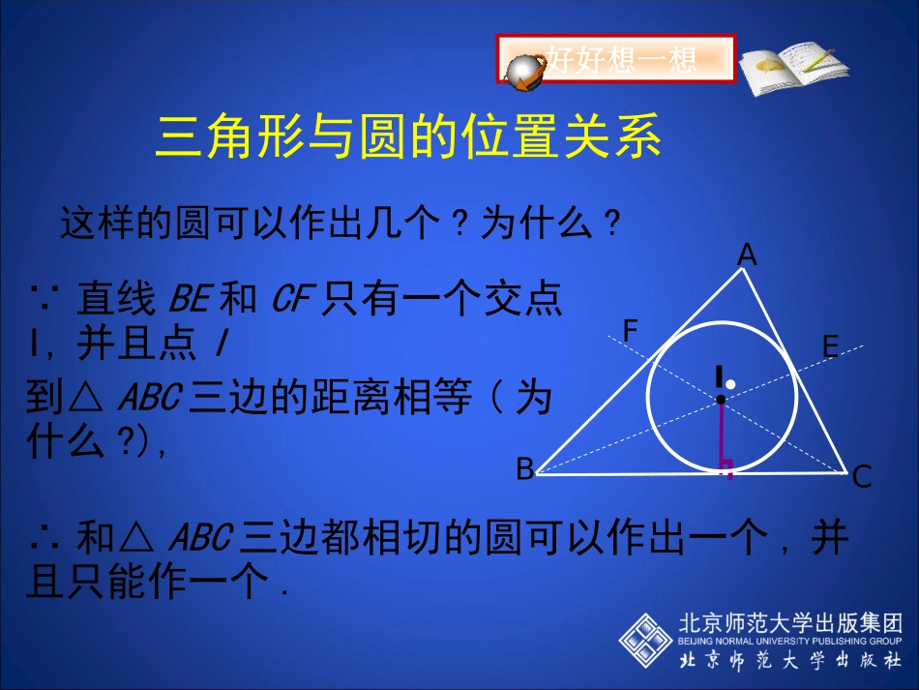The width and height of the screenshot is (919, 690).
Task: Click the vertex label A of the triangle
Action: click(747, 255)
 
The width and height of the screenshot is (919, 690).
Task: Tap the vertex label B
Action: click(524, 470)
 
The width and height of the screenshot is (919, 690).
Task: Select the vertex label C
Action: click(862, 475)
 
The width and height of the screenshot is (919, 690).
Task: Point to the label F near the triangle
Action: click(631, 332)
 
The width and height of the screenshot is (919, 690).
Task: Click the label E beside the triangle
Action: click(830, 346)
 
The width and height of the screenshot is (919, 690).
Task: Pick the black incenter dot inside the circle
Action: click(721, 399)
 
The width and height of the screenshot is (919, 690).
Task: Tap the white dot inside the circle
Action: click(731, 385)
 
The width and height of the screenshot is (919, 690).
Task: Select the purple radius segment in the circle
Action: click(721, 435)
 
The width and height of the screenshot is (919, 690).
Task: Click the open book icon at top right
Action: click(792, 64)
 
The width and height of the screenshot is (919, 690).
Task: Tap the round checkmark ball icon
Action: click(526, 73)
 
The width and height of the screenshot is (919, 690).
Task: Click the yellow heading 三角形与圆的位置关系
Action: click(408, 136)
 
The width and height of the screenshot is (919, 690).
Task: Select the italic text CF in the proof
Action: click(289, 300)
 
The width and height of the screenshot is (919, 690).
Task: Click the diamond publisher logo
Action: click(645, 640)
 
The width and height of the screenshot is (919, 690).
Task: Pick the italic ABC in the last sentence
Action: click(200, 538)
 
